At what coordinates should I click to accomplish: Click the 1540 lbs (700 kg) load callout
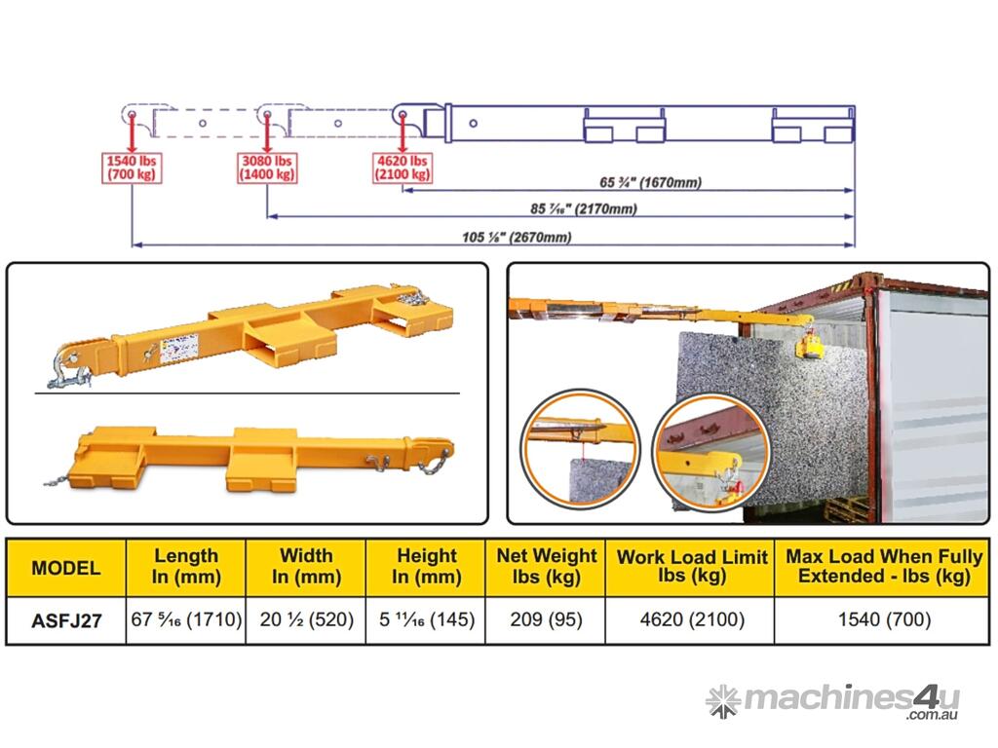132,168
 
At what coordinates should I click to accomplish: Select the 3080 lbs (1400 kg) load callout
267,168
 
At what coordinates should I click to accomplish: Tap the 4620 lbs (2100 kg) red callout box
403,168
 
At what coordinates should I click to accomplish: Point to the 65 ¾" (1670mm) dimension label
650,182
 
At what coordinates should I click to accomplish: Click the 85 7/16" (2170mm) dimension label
584,208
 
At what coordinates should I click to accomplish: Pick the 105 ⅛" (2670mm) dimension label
517,238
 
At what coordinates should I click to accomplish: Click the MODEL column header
66,568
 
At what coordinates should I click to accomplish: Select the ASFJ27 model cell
66,620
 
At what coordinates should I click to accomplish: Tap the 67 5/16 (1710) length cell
186,619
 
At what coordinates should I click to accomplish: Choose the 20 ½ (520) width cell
306,619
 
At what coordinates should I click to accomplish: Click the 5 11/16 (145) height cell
427,619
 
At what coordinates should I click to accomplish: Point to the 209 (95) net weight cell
546,619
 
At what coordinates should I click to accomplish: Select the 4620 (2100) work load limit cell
692,619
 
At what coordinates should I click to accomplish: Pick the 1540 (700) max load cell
884,619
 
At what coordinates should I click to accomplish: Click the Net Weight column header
546,566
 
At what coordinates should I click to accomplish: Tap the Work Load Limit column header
692,566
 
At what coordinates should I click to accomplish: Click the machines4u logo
832,701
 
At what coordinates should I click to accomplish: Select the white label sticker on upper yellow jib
179,349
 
